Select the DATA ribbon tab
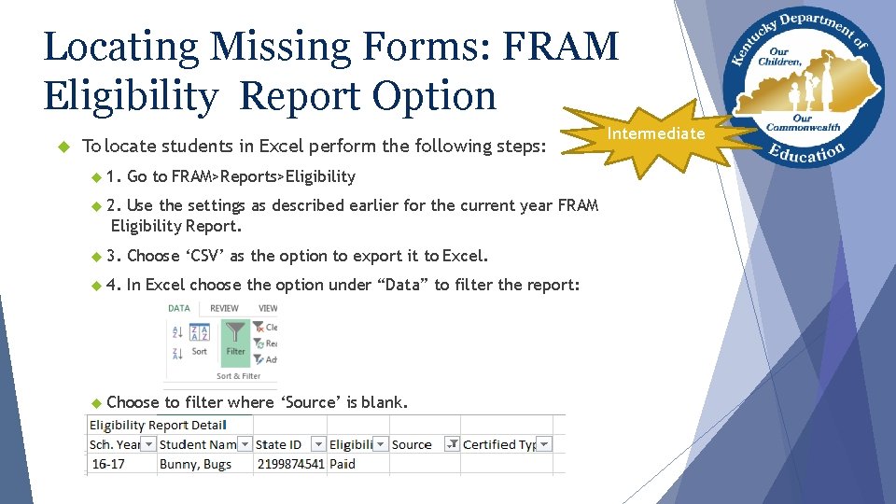(x=178, y=307)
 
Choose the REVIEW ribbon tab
(x=224, y=307)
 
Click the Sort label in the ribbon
(x=200, y=352)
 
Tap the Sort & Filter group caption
(x=238, y=376)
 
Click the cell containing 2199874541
(x=290, y=464)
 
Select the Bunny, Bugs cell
(x=195, y=464)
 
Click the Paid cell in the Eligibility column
(x=343, y=464)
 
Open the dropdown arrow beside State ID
(x=318, y=444)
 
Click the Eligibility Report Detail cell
(x=156, y=425)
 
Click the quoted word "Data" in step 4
(x=402, y=285)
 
